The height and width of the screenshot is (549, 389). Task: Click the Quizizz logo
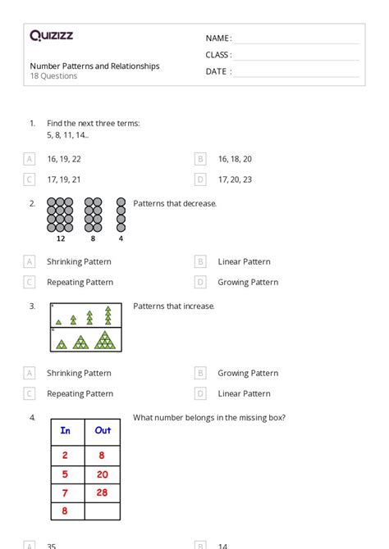pyautogui.click(x=51, y=35)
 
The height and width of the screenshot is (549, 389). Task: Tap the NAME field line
pyautogui.click(x=296, y=43)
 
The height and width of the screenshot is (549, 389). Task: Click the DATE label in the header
pyautogui.click(x=216, y=71)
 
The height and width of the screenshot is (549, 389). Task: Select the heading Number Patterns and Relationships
pyautogui.click(x=94, y=66)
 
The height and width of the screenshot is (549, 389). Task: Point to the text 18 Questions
pyautogui.click(x=53, y=76)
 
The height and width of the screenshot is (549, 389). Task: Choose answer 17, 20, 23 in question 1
pyautogui.click(x=235, y=179)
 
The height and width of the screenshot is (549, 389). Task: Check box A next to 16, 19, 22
pyautogui.click(x=30, y=159)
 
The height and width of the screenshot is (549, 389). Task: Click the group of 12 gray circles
pyautogui.click(x=60, y=215)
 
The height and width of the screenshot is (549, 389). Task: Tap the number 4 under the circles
pyautogui.click(x=121, y=238)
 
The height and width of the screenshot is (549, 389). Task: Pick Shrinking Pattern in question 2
pyautogui.click(x=79, y=261)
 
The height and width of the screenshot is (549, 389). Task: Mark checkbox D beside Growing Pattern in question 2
pyautogui.click(x=200, y=282)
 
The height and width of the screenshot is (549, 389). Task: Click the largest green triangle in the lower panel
pyautogui.click(x=105, y=340)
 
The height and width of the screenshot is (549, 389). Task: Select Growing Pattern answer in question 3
pyautogui.click(x=248, y=373)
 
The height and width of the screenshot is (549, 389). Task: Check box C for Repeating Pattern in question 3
pyautogui.click(x=30, y=393)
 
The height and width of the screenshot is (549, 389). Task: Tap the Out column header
pyautogui.click(x=103, y=432)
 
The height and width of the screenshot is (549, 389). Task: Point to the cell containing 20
pyautogui.click(x=103, y=474)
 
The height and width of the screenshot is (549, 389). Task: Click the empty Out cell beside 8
pyautogui.click(x=103, y=511)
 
